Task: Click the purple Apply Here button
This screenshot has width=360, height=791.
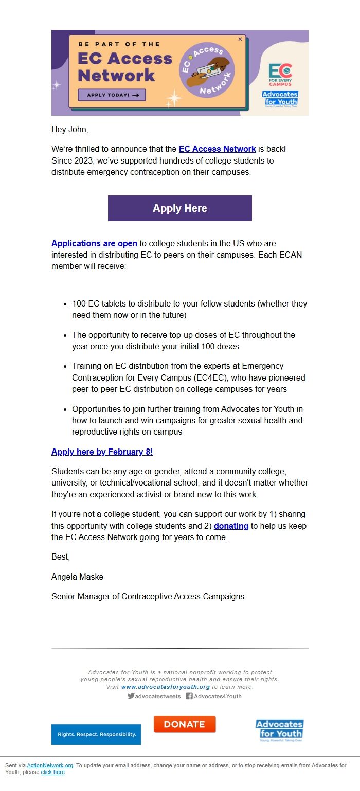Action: coord(179,208)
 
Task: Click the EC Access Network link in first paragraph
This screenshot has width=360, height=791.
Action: coord(217,149)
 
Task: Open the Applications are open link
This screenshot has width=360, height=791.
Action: coord(94,243)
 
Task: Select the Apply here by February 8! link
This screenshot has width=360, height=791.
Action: coord(102,452)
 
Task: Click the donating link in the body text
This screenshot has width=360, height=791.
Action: coord(231,526)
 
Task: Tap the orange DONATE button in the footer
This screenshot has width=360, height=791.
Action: coord(185,724)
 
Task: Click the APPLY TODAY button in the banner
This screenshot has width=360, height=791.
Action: coord(112,95)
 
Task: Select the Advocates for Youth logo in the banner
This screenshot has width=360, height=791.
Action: coord(280,98)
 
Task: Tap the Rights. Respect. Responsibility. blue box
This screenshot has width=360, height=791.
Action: coord(96,734)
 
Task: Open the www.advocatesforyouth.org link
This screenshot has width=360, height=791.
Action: coord(166,687)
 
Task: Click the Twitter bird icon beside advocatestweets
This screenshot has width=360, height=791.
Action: coord(131,696)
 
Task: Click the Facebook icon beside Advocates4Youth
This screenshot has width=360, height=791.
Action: coord(189,696)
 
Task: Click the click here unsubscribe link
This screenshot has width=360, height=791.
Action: coord(53,772)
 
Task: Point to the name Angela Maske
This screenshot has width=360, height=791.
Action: coord(77,577)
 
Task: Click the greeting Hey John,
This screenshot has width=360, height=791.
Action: coord(69,130)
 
